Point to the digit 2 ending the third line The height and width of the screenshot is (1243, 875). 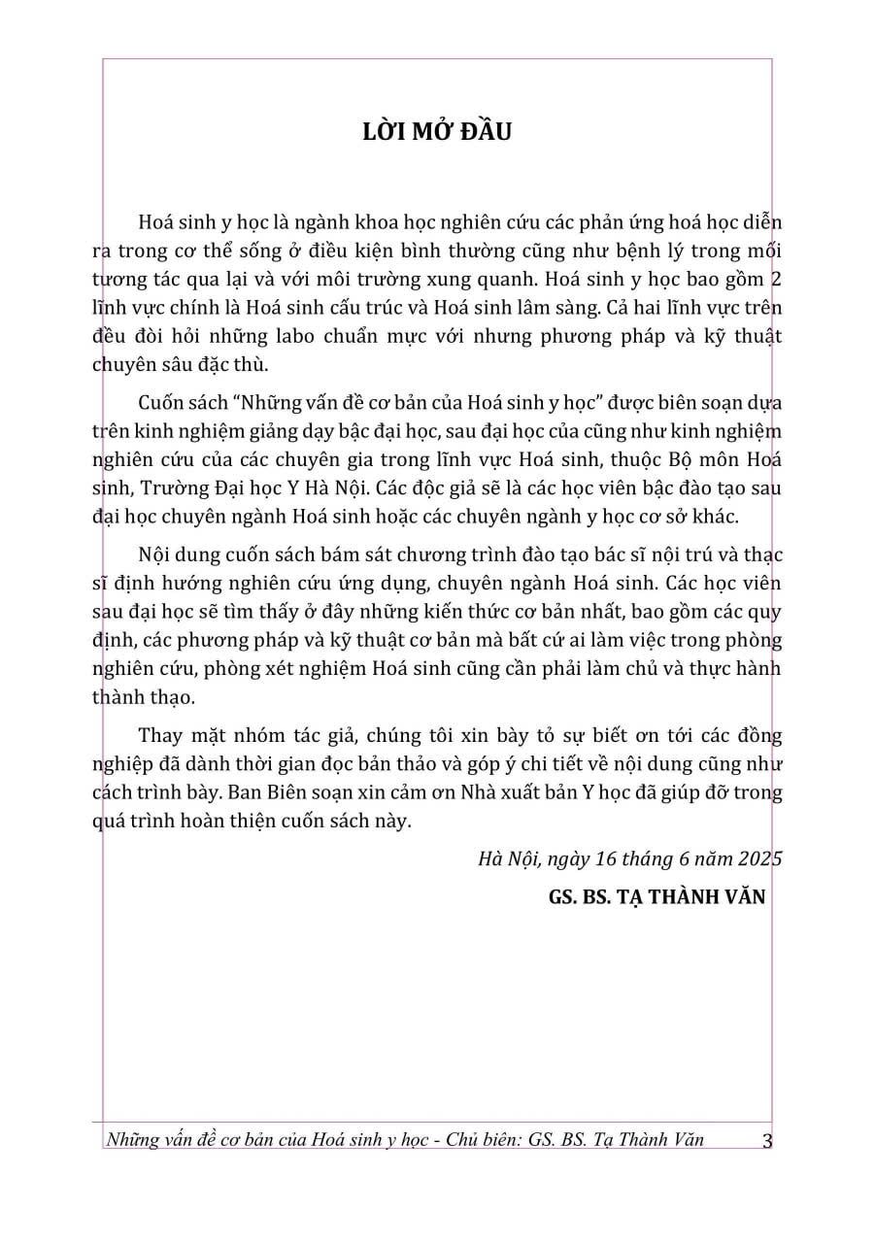coord(775,280)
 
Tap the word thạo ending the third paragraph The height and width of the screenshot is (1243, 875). coord(175,697)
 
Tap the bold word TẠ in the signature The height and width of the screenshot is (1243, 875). coord(632,897)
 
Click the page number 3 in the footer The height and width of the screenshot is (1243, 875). coord(767,1141)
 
